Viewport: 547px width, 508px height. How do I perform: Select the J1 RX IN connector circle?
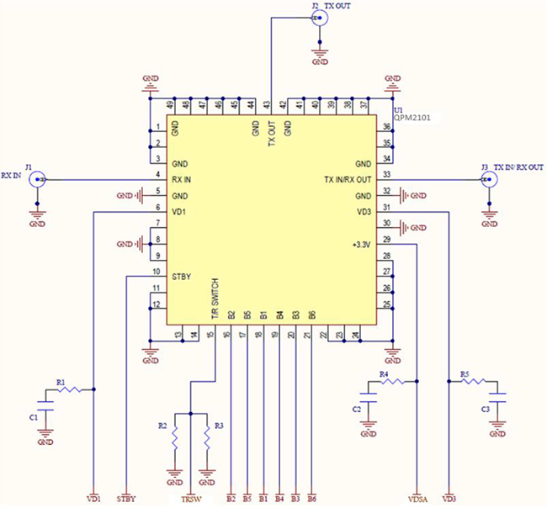tap(36, 179)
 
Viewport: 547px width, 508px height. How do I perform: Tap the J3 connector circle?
tap(487, 179)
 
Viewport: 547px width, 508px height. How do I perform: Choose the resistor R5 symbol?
tap(474, 381)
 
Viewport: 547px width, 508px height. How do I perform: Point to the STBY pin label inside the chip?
tap(183, 276)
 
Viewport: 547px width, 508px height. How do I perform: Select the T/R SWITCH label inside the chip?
tap(215, 296)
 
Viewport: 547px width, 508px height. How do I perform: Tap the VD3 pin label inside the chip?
tap(364, 211)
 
